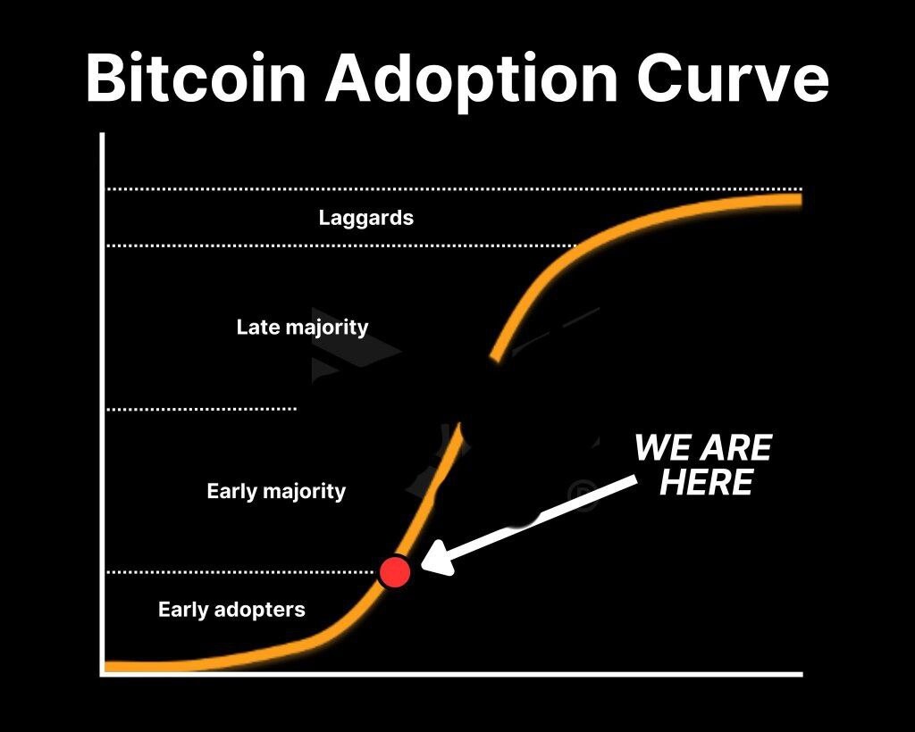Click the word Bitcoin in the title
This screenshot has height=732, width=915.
click(x=196, y=78)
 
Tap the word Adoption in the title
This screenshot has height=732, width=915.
click(x=472, y=81)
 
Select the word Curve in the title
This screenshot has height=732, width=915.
click(x=733, y=78)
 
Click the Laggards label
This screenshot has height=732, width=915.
click(x=365, y=218)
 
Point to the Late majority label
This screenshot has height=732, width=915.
click(x=302, y=327)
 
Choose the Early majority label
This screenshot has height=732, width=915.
click(x=276, y=491)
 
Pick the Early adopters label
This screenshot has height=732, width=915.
click(x=231, y=610)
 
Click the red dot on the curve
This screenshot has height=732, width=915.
click(x=394, y=571)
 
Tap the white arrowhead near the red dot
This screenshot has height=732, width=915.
click(x=439, y=558)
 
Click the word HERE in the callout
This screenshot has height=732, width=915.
click(x=706, y=483)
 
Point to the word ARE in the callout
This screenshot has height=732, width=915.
click(x=736, y=447)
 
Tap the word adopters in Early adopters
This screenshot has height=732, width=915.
click(x=260, y=611)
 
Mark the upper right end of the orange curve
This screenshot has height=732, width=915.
click(x=802, y=200)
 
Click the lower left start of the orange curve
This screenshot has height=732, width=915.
click(x=106, y=666)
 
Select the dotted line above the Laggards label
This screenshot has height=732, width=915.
click(x=454, y=189)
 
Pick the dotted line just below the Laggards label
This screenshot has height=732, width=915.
click(x=341, y=246)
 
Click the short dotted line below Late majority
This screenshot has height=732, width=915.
click(x=201, y=409)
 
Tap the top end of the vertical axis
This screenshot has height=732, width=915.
click(x=102, y=134)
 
